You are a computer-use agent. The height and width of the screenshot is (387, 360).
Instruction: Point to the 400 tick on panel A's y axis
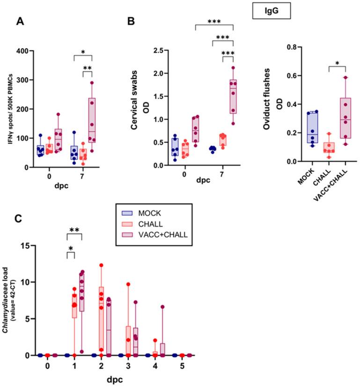(35, 51)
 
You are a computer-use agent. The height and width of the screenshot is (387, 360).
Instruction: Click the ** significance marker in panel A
(87, 68)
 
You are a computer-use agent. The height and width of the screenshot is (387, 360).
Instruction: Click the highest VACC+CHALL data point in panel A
(92, 83)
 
